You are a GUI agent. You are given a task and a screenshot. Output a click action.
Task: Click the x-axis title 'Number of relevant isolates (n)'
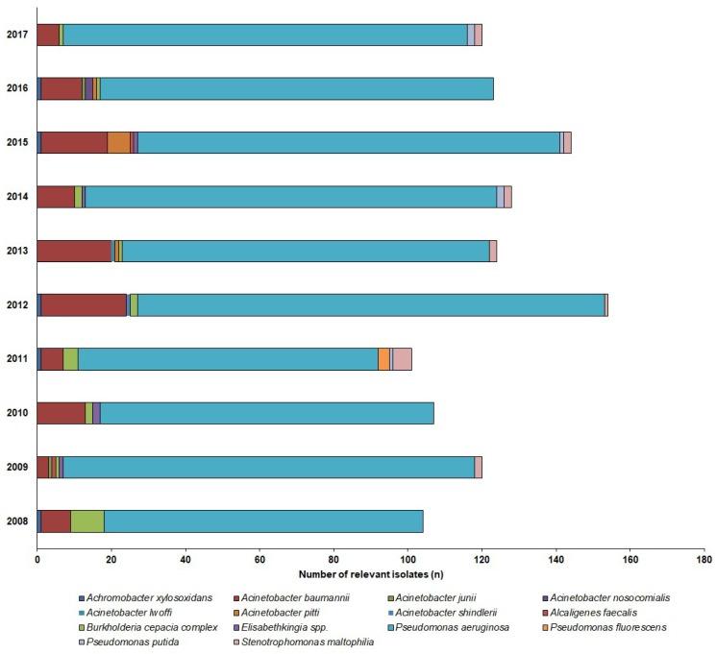pos(370,573)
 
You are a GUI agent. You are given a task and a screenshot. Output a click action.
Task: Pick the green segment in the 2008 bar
pos(87,521)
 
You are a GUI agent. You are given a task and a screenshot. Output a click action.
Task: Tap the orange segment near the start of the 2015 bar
pos(118,143)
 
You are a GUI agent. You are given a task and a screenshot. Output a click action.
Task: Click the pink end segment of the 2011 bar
pos(402,359)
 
